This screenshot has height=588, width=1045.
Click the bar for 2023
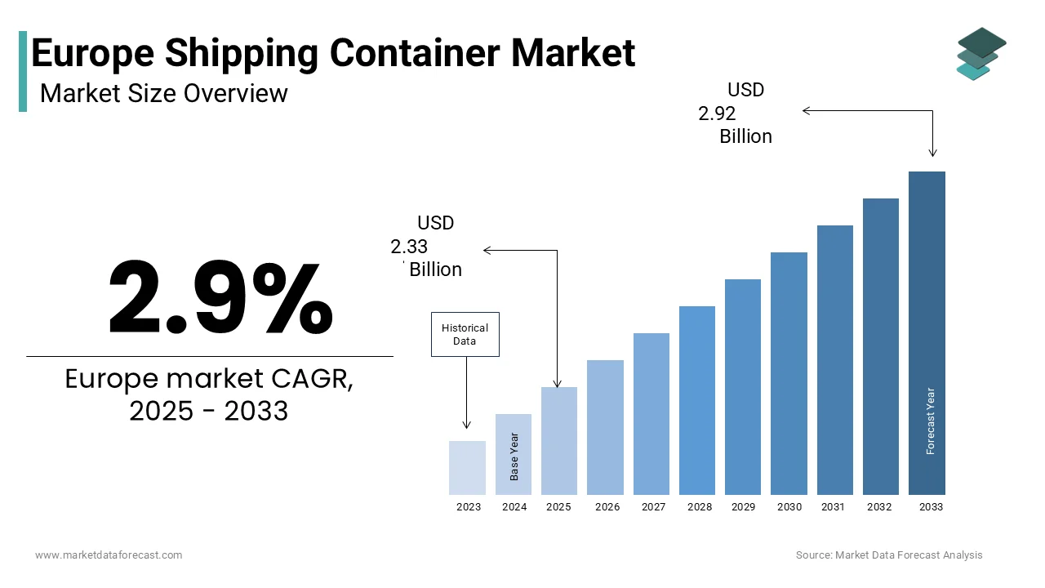468,467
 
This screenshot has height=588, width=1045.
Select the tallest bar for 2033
927,332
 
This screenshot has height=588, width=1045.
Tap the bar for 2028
697,400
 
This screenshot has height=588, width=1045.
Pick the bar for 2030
789,373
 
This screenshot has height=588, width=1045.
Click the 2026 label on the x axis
607,507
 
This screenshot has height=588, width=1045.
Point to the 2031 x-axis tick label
833,507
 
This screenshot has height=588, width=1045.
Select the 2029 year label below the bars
743,507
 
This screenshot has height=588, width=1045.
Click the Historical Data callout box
465,334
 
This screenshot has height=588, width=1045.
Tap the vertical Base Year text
514,457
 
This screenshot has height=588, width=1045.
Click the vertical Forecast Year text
931,421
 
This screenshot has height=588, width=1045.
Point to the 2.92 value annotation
717,114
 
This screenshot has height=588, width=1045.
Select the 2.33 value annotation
409,247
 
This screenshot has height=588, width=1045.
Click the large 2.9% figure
220,298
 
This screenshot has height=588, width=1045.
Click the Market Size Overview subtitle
163,93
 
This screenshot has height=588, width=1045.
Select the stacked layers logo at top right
981,54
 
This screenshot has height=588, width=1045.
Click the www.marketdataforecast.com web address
109,555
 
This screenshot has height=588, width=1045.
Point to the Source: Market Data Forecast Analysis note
889,555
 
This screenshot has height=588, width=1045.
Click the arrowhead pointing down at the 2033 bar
932,153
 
